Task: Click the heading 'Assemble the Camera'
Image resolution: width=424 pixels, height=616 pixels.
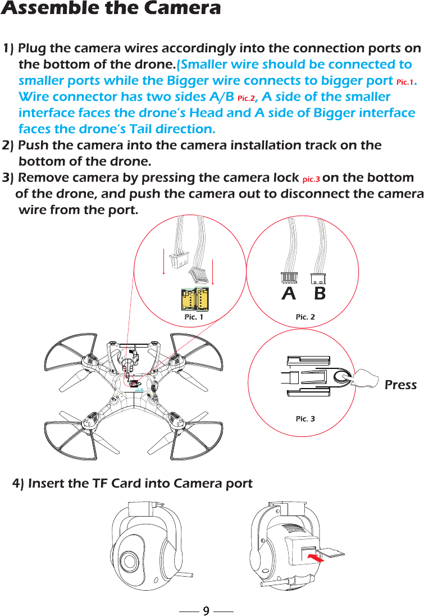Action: [x=111, y=9]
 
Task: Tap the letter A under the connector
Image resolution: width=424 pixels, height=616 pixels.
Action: [x=289, y=294]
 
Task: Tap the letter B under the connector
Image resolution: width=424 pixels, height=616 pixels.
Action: [x=319, y=294]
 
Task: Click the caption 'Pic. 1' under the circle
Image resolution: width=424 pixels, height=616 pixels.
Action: [x=193, y=317]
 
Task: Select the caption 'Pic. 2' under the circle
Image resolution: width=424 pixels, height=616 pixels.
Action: [x=306, y=317]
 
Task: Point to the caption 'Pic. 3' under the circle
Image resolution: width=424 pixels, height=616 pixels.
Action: [x=306, y=419]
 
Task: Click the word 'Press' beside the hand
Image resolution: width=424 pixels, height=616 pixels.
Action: [x=400, y=385]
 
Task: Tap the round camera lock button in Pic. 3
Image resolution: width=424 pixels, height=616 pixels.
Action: [x=342, y=379]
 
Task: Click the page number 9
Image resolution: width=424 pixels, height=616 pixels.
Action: [x=206, y=610]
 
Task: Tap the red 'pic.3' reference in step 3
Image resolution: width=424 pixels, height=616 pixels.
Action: [x=311, y=180]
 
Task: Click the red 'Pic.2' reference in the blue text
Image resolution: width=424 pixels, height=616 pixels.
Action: [x=246, y=98]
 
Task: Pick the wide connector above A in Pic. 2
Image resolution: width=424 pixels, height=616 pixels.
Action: [x=288, y=279]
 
